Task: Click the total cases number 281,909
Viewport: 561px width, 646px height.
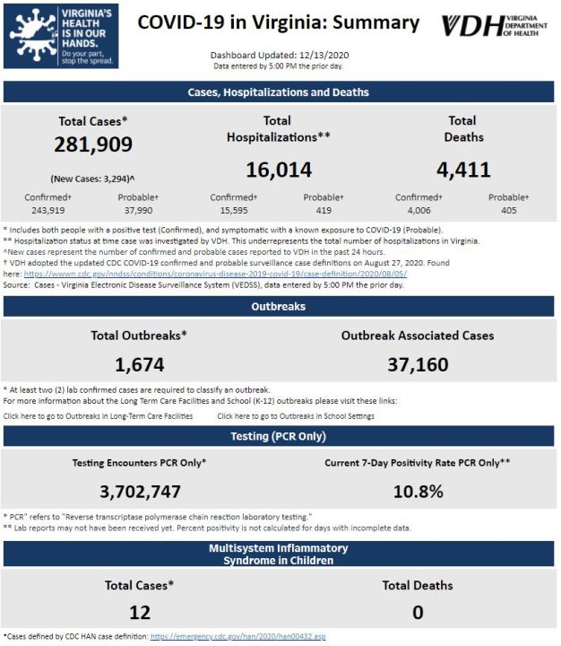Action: (x=93, y=144)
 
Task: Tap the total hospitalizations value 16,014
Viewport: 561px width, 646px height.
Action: (x=279, y=170)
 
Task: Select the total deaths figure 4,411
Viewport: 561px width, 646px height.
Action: (x=463, y=170)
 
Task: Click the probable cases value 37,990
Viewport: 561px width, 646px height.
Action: (x=138, y=211)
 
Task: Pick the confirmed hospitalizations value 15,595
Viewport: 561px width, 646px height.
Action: (x=234, y=211)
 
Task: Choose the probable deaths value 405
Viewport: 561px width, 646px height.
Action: (x=509, y=211)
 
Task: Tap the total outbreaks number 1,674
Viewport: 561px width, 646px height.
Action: (x=140, y=365)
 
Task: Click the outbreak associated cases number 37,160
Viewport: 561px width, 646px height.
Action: (x=418, y=365)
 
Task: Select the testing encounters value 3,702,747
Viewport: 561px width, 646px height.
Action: (x=141, y=492)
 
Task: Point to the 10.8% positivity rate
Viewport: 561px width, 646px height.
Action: (x=419, y=492)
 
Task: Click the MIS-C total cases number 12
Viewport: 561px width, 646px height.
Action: (x=140, y=613)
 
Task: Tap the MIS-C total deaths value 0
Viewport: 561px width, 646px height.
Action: (x=418, y=613)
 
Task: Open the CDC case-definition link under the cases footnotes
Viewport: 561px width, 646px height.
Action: (x=215, y=274)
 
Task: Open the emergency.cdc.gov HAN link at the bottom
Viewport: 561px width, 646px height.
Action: (x=237, y=636)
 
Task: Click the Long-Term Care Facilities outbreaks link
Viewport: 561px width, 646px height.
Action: (x=98, y=416)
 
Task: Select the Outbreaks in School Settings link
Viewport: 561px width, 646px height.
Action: (x=296, y=416)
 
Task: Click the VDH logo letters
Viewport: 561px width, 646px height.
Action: (x=472, y=26)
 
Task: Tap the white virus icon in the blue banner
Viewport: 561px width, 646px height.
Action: (x=33, y=36)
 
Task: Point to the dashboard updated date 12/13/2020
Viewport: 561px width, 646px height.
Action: (x=324, y=56)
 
